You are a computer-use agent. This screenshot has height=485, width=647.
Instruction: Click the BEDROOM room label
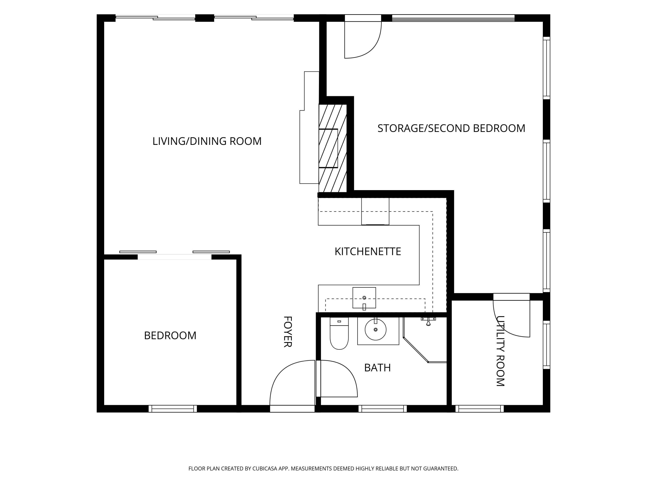170,336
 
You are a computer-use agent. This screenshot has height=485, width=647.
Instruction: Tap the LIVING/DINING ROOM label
207,141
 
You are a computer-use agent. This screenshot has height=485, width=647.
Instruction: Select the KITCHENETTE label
368,251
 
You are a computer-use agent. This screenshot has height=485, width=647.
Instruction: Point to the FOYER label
288,332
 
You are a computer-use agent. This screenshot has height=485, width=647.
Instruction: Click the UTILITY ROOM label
501,351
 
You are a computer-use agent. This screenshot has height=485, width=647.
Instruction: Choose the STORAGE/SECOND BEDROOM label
451,128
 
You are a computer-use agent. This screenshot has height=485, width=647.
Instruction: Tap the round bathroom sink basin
375,329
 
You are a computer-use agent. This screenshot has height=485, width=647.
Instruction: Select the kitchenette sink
364,298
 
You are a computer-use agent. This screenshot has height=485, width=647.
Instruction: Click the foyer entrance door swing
292,383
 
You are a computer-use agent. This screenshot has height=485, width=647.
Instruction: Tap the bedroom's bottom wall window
173,409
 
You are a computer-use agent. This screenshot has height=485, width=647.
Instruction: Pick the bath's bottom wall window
383,409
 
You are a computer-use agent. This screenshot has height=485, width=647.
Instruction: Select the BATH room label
377,368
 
